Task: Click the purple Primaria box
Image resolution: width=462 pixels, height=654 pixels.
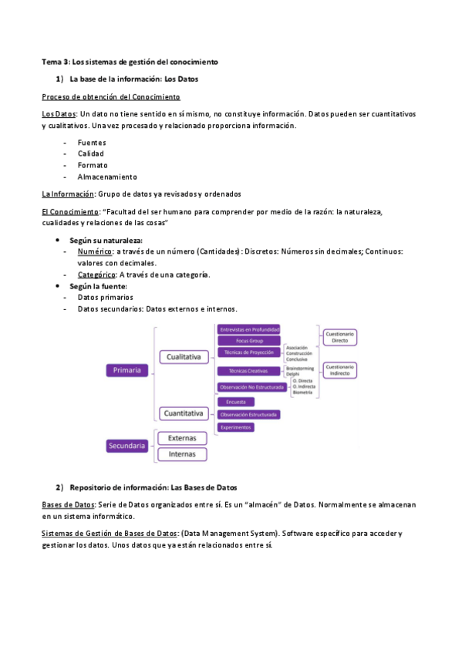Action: tap(126, 370)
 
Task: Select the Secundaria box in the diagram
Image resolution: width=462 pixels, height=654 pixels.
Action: tap(126, 444)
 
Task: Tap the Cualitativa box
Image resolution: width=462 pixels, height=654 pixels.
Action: tap(184, 356)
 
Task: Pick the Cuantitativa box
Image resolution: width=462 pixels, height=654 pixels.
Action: tap(184, 413)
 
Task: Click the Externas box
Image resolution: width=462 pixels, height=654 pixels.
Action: tap(182, 438)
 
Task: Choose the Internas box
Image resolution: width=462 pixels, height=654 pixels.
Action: tap(182, 454)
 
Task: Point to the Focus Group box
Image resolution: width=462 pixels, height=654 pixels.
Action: tap(249, 340)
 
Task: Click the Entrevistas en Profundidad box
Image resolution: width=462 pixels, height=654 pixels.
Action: tap(249, 329)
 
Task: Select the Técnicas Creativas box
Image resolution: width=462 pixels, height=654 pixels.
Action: tap(249, 371)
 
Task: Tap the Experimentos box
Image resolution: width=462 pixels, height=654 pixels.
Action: tap(237, 427)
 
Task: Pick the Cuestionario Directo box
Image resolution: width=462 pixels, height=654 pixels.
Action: tap(339, 337)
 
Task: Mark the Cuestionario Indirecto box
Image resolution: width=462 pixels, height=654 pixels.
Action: tap(339, 370)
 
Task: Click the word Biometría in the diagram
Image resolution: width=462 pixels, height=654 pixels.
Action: tap(303, 393)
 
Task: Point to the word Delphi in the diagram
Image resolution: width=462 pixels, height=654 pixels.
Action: tap(294, 375)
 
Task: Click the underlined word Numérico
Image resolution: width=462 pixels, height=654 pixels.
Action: tap(95, 251)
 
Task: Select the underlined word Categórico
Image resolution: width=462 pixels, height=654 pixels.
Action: tap(97, 275)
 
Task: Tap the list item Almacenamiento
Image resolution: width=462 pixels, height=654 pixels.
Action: tap(106, 177)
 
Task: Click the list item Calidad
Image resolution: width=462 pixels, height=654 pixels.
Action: tap(91, 154)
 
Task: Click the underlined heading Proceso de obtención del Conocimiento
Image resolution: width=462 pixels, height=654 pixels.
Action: tap(111, 97)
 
